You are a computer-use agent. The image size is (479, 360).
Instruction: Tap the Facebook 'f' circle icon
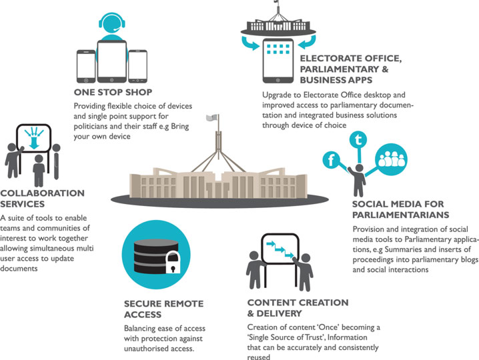pyautogui.click(x=331, y=159)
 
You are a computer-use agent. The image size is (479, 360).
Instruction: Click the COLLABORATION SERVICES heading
pyautogui.click(x=43, y=199)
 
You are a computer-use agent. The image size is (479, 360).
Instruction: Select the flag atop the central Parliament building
pyautogui.click(x=211, y=117)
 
